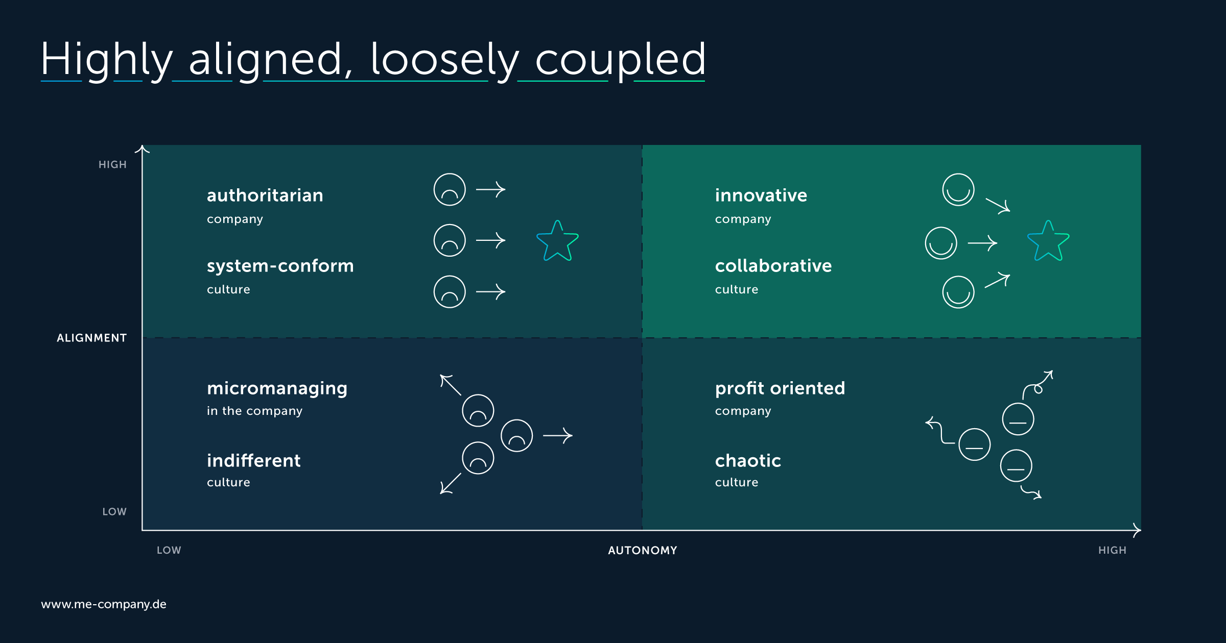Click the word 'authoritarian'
coord(265,195)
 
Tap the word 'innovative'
coord(761,195)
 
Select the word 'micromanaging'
coord(277,389)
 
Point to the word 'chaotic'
coord(748,461)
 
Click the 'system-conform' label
coord(280,266)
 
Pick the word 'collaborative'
coord(773,266)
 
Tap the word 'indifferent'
coord(253,461)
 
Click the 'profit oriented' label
coord(780,389)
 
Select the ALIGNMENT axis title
coord(91,338)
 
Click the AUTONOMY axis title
coord(642,550)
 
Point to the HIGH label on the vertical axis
coord(112,164)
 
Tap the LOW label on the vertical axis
coord(114,511)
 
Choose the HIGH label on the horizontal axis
coord(1112,550)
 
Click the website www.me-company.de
coord(104,604)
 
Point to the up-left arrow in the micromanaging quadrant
coord(451,385)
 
